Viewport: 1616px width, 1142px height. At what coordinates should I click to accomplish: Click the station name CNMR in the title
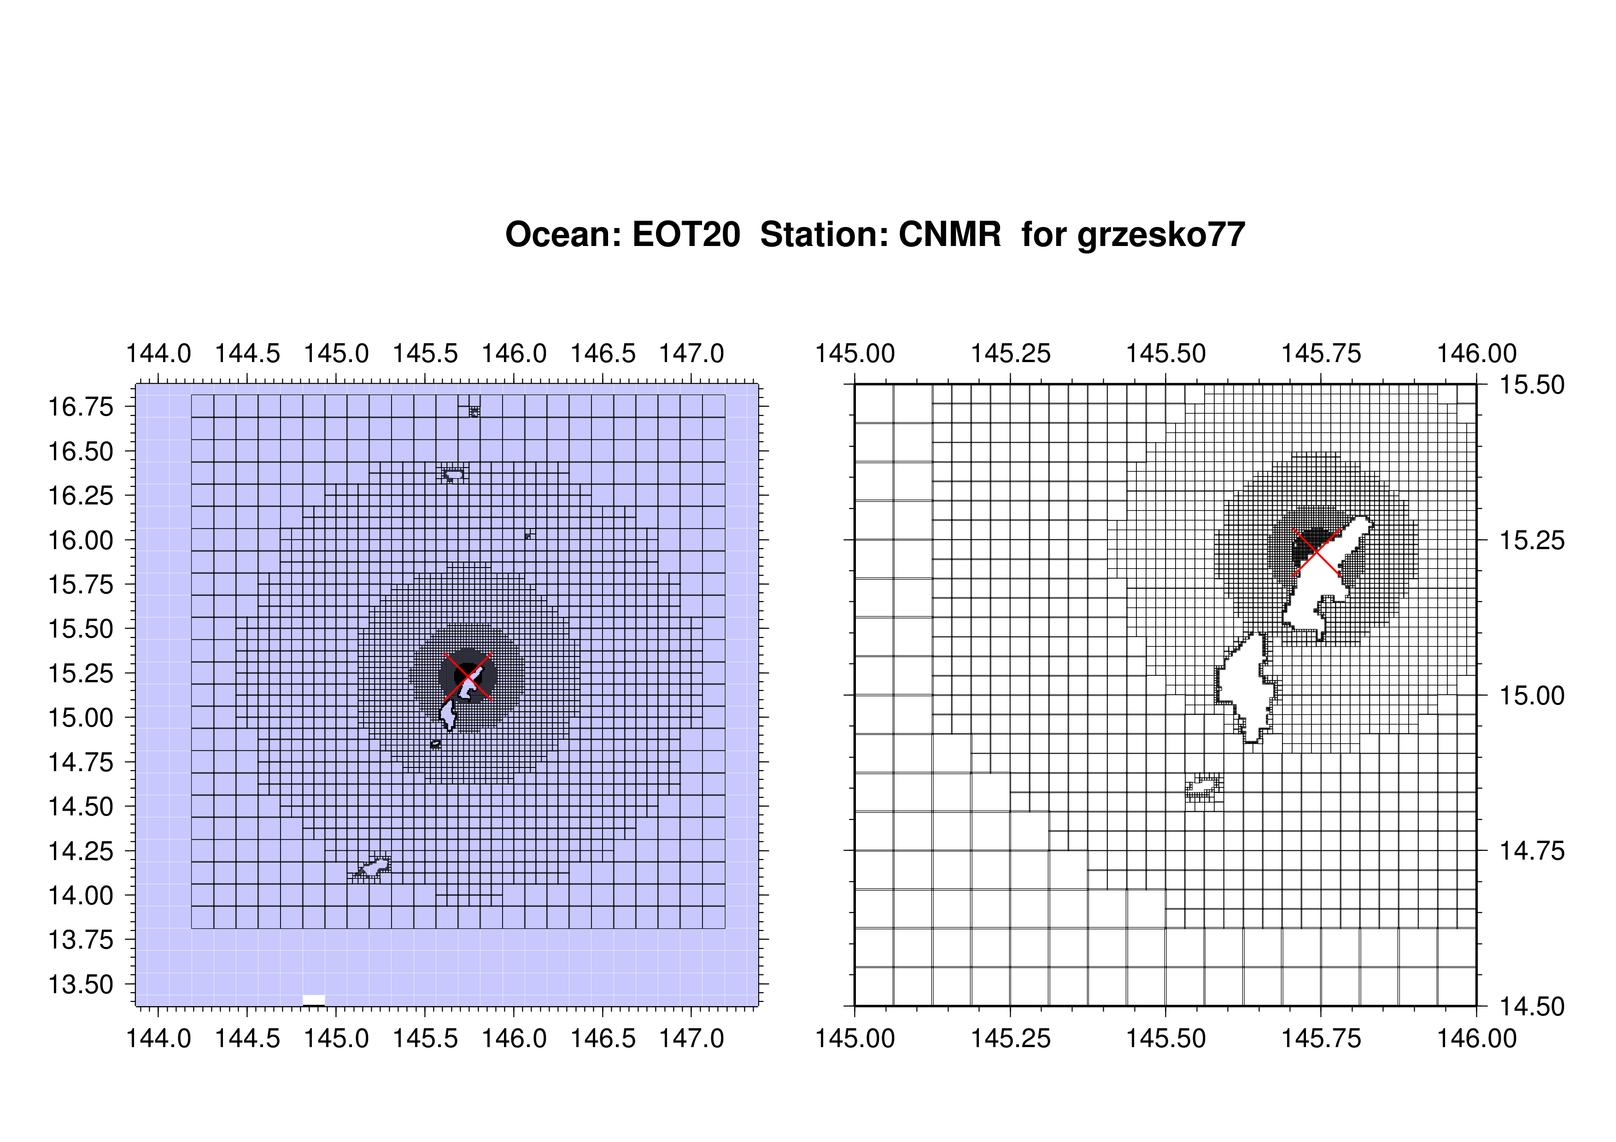(x=949, y=234)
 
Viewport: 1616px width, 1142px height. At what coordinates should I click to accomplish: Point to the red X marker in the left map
(x=468, y=676)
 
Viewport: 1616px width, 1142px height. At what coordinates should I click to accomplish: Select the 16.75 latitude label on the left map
(x=80, y=407)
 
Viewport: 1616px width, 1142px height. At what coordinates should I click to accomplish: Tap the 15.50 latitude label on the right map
(x=1532, y=385)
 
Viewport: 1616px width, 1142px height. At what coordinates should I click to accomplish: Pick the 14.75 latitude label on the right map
(x=1532, y=851)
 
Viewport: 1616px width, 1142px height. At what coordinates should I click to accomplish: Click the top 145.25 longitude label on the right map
(x=1011, y=353)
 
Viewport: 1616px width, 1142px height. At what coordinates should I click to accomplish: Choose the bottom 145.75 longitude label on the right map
(x=1321, y=1038)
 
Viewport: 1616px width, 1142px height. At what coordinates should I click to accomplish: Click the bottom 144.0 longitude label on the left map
(x=158, y=1038)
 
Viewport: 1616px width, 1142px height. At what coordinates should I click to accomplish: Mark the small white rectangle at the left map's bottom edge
(x=314, y=1000)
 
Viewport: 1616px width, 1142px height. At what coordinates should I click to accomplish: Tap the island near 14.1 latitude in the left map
(x=372, y=868)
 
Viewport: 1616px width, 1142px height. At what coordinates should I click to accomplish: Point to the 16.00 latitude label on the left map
(x=80, y=540)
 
